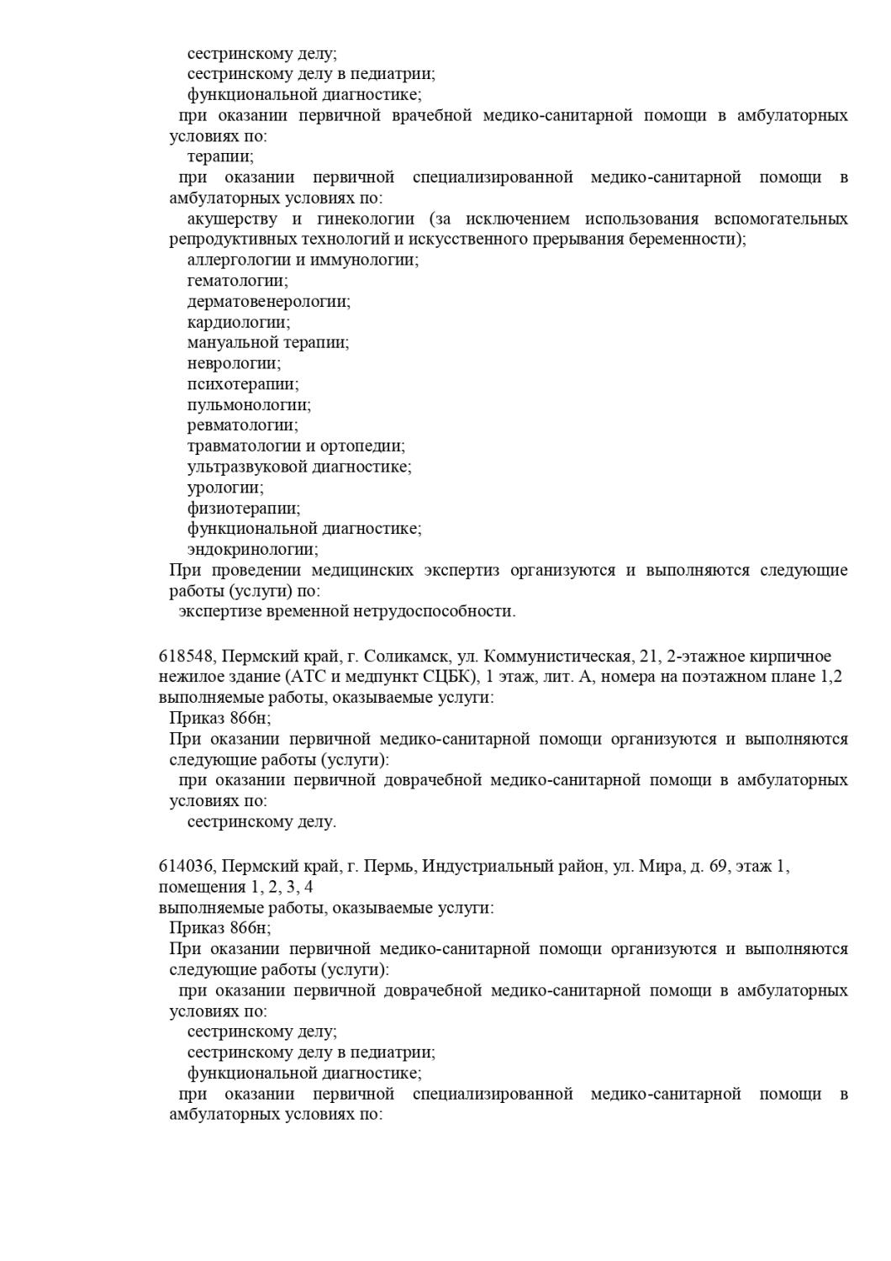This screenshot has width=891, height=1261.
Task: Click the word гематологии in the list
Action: [x=237, y=281]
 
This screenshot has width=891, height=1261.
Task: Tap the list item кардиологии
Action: [x=239, y=322]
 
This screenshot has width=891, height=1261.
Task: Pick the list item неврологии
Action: [x=234, y=363]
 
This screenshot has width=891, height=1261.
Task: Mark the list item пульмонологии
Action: [x=249, y=405]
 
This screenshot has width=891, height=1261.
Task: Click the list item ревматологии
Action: [x=242, y=425]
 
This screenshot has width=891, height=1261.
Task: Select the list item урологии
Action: [x=225, y=488]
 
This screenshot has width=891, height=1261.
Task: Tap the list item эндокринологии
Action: [x=252, y=550]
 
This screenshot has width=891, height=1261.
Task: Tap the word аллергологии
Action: [x=237, y=260]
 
